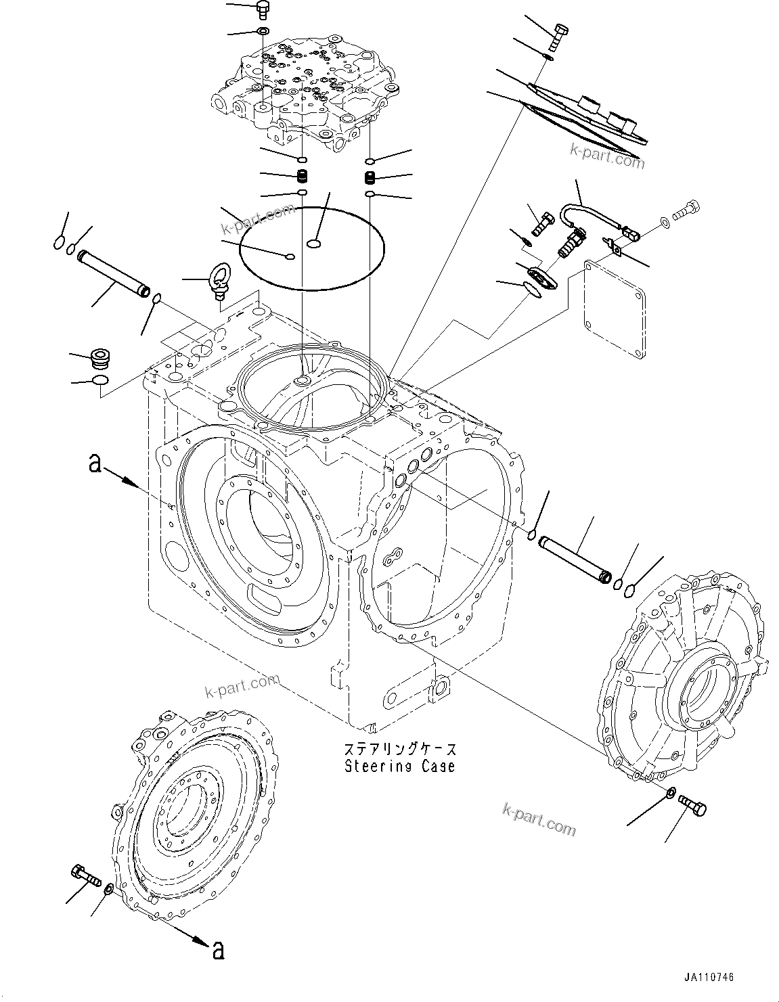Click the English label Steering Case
click(400, 766)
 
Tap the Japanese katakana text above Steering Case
click(400, 750)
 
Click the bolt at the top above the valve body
click(262, 10)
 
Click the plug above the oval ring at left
click(100, 356)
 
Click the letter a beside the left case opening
click(96, 463)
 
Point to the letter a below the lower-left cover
click(217, 950)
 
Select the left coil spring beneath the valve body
click(303, 177)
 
